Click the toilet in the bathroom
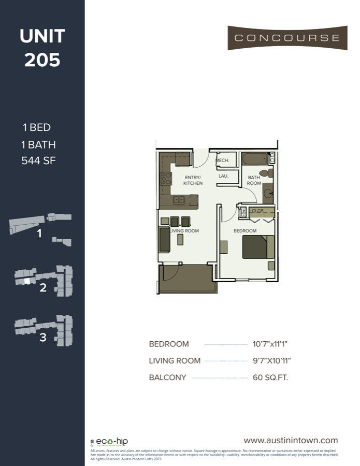[264, 173]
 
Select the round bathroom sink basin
[268, 194]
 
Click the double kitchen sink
[179, 199]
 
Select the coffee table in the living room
[180, 239]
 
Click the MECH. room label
[223, 161]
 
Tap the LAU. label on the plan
[223, 176]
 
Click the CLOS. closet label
[257, 211]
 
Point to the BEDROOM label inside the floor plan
[244, 230]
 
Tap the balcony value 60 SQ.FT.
[270, 377]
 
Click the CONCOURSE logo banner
[287, 38]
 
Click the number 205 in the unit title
[42, 60]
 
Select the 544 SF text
[38, 161]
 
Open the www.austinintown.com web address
[291, 440]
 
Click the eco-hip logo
[109, 442]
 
